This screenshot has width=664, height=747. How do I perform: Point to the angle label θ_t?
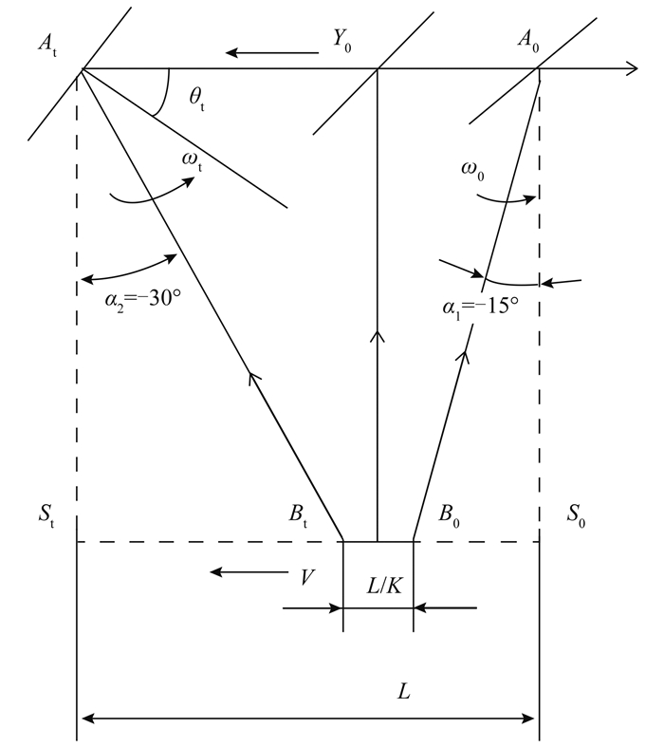196,101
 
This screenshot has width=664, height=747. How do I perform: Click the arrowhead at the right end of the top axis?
631,68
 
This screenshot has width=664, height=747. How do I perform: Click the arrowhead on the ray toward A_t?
253,379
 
